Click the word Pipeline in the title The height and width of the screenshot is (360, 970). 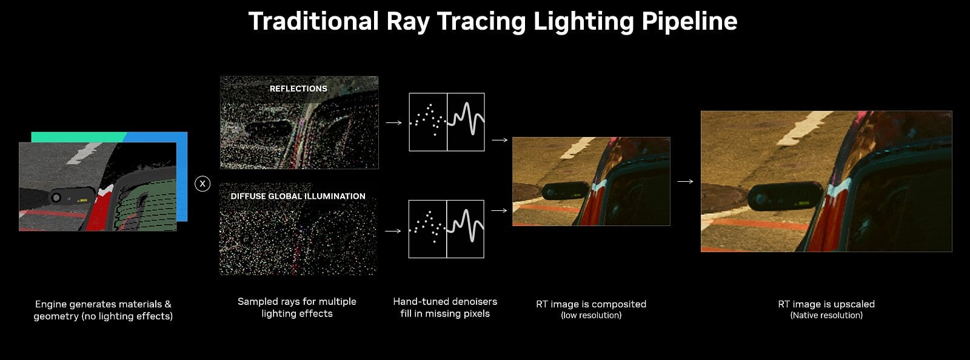[x=689, y=22]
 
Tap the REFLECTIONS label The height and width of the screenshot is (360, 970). [x=298, y=88]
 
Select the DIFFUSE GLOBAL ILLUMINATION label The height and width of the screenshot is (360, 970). [x=298, y=196]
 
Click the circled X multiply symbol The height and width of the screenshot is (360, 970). [x=202, y=184]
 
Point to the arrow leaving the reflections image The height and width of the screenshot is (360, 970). [x=393, y=123]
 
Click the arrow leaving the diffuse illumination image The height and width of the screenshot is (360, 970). [x=393, y=231]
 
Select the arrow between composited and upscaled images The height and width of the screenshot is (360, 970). [x=685, y=181]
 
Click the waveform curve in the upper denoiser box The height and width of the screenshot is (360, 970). [x=466, y=119]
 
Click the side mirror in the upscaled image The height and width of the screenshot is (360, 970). [x=784, y=197]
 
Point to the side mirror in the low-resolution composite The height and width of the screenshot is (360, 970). [x=565, y=191]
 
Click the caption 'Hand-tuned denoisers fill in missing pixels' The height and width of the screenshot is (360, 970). [x=445, y=308]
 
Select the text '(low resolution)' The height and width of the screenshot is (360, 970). [x=591, y=315]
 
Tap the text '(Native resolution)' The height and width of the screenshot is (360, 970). [x=826, y=315]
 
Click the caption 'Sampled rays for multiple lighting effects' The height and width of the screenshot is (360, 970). [x=297, y=308]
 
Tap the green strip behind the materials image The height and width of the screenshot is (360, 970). [x=79, y=137]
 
